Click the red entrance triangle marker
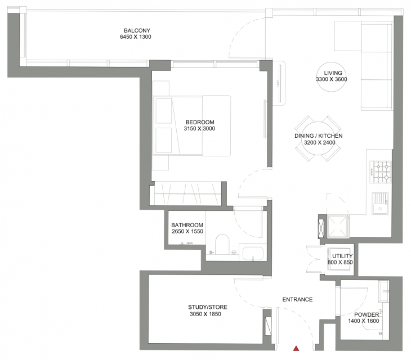[296, 348]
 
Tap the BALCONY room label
[137, 30]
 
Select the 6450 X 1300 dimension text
[136, 37]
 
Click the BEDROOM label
[200, 122]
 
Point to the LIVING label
[333, 73]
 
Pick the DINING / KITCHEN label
[319, 136]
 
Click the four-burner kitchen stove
[381, 172]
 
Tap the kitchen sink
[380, 204]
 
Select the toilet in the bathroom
[222, 244]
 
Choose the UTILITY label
[342, 256]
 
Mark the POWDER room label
[367, 314]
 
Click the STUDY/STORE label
[208, 307]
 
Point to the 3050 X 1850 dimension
[205, 314]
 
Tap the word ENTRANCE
[297, 299]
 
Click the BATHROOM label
[187, 225]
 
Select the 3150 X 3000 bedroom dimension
[199, 129]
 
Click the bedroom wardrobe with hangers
[188, 194]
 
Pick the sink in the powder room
[383, 291]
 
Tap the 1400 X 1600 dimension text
[364, 321]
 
